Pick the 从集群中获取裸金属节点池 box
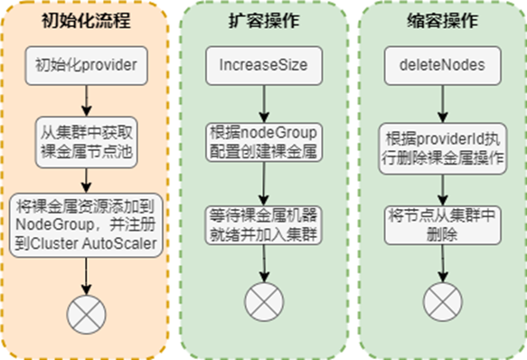click(x=87, y=140)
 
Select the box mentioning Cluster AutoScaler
click(x=87, y=221)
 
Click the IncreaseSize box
click(x=263, y=65)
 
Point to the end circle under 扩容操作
click(x=263, y=298)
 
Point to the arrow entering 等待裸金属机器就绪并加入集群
click(x=263, y=183)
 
